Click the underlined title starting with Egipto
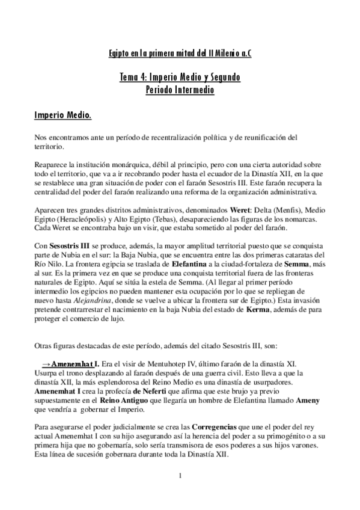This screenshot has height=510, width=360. point(180,53)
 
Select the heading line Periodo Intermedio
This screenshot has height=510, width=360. point(180,90)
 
